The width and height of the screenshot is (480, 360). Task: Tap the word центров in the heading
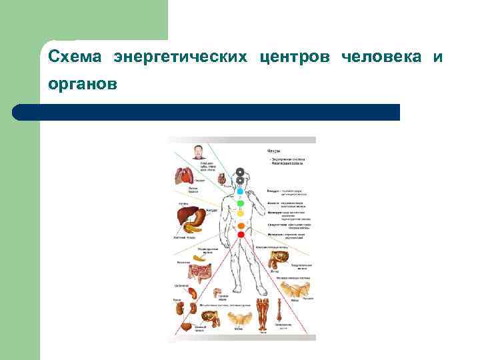click(x=301, y=57)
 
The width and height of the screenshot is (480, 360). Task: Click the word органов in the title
click(x=82, y=85)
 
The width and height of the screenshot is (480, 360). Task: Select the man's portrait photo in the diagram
click(x=199, y=151)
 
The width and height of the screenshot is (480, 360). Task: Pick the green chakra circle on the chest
click(x=240, y=203)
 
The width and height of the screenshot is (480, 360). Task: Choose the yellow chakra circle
click(x=240, y=214)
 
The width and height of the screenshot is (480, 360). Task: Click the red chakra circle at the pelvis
click(x=240, y=235)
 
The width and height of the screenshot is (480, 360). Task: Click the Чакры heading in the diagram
click(x=274, y=151)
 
